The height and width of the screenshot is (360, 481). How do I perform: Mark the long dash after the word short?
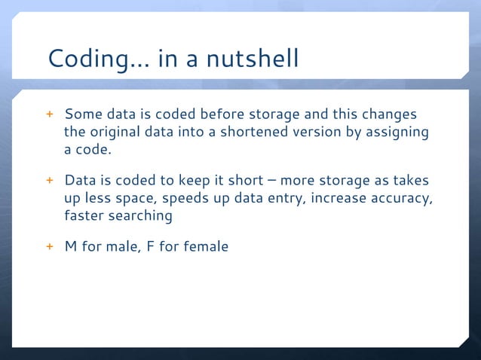(x=269, y=182)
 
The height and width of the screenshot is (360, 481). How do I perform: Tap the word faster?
(x=84, y=216)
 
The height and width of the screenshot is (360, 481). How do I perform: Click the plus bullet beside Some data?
(x=50, y=116)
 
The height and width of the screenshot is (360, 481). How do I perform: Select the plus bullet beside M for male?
(x=50, y=246)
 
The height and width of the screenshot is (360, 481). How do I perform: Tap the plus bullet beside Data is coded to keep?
(x=50, y=182)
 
